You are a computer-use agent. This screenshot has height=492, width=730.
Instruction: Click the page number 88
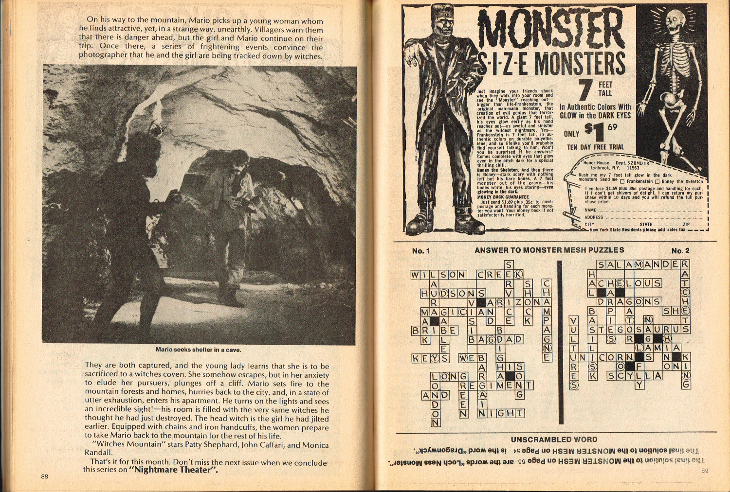point(44,476)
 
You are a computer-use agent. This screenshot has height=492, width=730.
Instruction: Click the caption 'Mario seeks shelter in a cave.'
point(198,350)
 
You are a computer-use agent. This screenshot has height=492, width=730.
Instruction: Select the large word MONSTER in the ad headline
point(550,29)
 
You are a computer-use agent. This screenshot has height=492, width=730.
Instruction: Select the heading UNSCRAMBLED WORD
point(554,439)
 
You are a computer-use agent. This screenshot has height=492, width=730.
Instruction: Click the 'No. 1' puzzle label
point(421,251)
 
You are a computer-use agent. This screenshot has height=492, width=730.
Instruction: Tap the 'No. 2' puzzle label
point(680,251)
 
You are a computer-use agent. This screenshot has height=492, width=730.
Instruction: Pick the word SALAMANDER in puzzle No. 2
point(639,265)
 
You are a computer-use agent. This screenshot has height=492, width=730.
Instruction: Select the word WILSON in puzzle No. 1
point(438,275)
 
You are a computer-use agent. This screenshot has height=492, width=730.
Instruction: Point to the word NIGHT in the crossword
point(501,413)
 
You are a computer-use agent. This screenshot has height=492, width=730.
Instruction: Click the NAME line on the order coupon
point(642,210)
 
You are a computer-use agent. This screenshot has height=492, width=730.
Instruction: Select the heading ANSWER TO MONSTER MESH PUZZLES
point(549,250)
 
